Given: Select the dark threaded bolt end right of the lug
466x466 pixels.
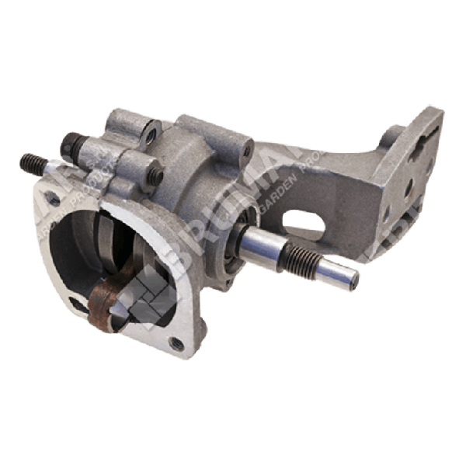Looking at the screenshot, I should coord(156,176).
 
